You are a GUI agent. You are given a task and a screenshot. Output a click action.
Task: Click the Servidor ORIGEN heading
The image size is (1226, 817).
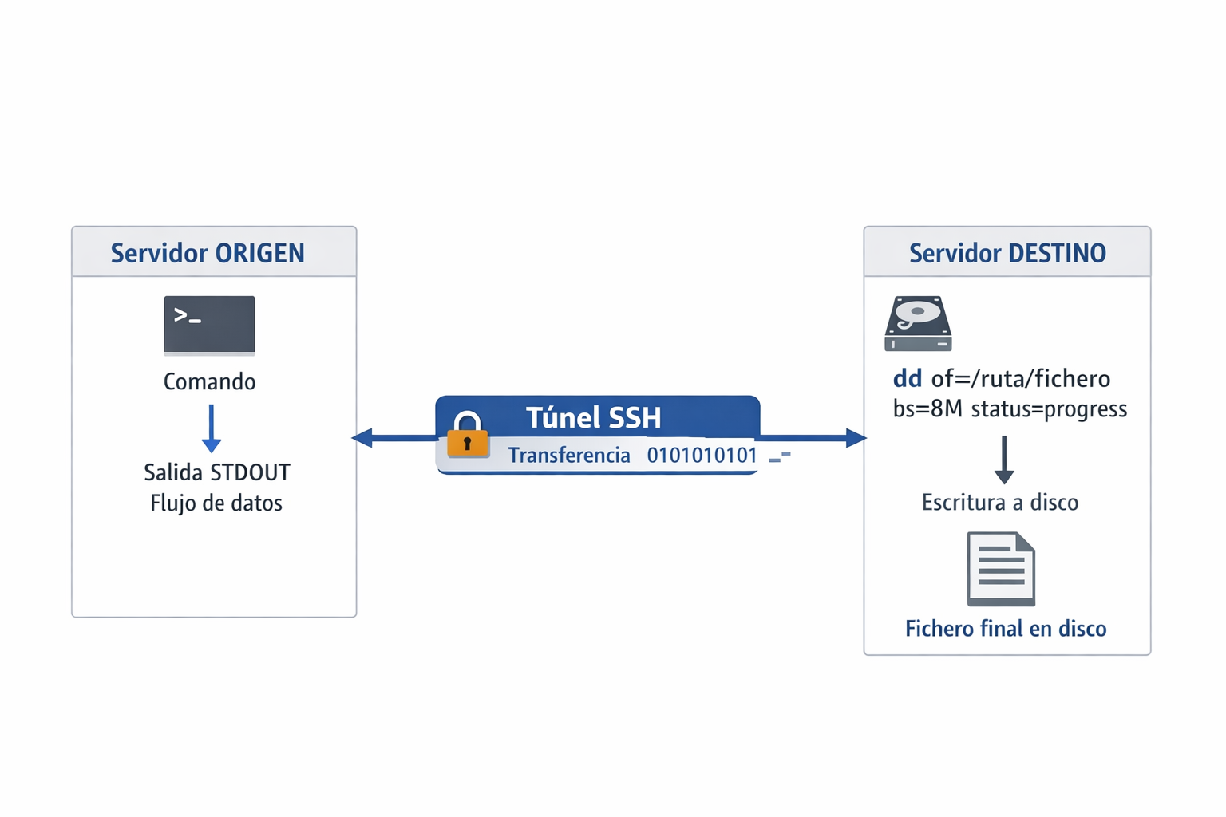coord(208,253)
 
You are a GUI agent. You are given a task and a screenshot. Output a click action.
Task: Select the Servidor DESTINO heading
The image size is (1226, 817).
coord(1007,253)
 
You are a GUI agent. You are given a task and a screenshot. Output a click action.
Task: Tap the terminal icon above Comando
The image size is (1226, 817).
coord(209,325)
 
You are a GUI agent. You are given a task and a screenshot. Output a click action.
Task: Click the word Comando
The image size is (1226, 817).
coord(209,381)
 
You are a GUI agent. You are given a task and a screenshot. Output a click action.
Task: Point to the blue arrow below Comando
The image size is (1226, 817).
coord(212,429)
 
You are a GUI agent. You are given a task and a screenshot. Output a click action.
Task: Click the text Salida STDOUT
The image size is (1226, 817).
coord(216,472)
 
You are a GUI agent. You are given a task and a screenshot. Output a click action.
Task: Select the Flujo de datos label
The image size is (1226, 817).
coord(216,503)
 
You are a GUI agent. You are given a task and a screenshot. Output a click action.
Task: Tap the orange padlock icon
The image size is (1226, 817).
coord(468,436)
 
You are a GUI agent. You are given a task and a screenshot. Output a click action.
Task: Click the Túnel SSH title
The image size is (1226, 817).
coord(593,417)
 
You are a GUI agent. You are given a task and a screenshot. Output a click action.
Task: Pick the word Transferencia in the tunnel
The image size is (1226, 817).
coord(569,456)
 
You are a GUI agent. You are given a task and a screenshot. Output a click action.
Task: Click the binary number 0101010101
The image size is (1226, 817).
coord(702,456)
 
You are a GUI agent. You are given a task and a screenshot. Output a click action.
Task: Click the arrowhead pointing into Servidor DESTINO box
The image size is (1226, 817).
coord(856,437)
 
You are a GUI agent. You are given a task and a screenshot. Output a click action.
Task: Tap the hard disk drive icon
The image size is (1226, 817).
coord(918,323)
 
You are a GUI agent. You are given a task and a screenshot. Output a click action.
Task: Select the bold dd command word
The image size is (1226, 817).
coord(908,378)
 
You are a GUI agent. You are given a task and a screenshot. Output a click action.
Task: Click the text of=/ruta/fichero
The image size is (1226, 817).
coord(1021,378)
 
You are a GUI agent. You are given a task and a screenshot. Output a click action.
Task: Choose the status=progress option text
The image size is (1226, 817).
coord(1049,409)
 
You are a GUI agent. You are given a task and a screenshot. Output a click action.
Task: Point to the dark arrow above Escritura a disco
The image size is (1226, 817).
coord(1004,460)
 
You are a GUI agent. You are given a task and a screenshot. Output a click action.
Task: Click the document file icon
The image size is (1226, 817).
coord(1001,569)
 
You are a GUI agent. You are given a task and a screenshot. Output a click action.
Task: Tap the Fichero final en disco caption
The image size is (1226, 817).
coord(1006,629)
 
